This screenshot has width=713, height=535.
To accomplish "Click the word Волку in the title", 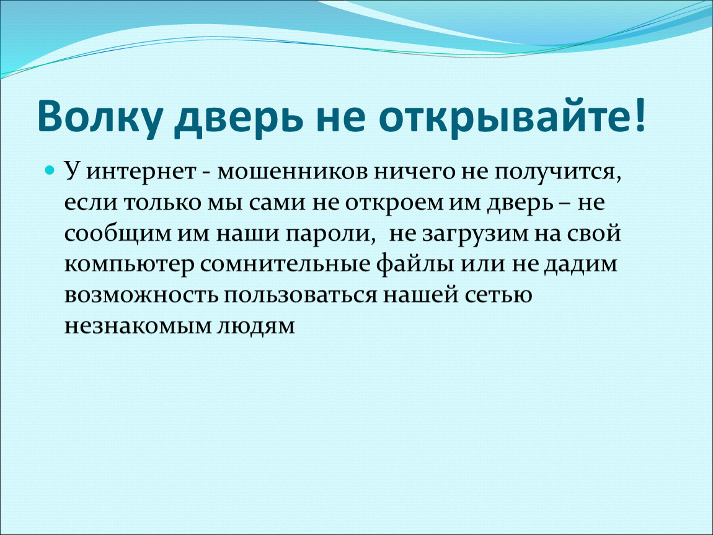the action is [100, 116].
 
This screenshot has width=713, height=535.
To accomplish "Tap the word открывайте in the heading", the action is [504, 116].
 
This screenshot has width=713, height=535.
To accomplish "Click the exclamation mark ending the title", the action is [640, 113].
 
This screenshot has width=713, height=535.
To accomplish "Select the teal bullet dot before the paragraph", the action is [50, 171].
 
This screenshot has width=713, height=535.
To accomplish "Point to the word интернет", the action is [141, 172].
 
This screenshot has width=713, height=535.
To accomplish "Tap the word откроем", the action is [394, 203].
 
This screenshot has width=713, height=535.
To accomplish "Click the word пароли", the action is [331, 234].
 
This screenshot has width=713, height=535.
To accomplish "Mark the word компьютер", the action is [129, 265].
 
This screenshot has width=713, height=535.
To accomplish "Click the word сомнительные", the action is [285, 264].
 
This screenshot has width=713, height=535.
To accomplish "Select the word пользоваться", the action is [300, 295].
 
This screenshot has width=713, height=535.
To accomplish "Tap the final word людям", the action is [255, 326].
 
